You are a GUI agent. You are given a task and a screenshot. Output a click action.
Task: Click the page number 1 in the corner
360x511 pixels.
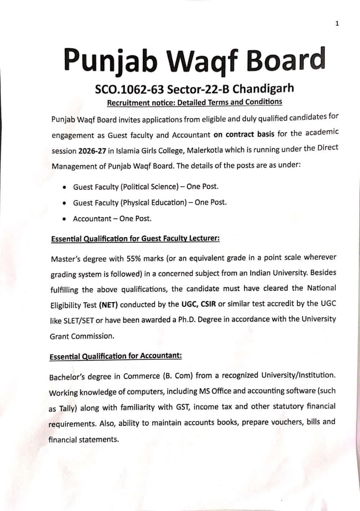click(x=337, y=24)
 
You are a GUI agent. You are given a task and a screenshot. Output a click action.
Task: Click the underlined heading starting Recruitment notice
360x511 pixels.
click(x=194, y=102)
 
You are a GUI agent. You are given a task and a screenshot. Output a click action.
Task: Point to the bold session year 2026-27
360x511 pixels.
click(x=92, y=151)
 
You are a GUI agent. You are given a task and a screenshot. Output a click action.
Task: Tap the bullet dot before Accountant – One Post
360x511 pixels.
click(x=64, y=219)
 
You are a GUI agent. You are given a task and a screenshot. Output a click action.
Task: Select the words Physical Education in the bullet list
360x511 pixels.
click(x=154, y=203)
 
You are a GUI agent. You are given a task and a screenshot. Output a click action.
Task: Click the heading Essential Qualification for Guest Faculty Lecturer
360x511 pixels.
click(x=135, y=238)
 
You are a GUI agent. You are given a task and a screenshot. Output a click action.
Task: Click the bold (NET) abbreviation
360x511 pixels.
click(x=108, y=305)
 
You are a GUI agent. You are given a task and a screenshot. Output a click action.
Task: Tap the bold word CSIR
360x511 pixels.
click(x=208, y=304)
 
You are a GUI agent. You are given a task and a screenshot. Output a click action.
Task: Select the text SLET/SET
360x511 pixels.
click(x=78, y=321)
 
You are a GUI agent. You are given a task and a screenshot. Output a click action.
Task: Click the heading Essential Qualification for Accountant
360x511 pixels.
click(x=116, y=356)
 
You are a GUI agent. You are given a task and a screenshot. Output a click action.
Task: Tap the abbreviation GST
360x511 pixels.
click(x=183, y=407)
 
